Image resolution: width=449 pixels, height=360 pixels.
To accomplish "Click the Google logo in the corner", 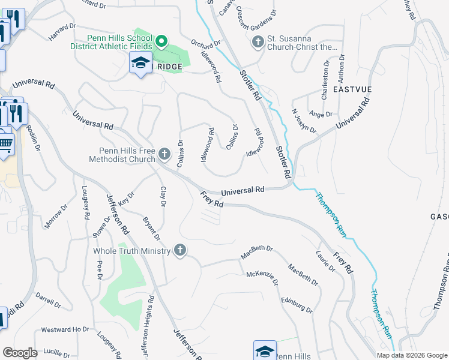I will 20,353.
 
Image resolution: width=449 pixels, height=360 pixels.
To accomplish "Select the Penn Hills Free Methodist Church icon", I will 164,156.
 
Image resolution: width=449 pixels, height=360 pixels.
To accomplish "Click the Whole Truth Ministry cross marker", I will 179,250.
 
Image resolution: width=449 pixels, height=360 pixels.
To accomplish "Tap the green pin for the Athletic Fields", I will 161,41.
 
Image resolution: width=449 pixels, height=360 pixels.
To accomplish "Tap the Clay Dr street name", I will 163,197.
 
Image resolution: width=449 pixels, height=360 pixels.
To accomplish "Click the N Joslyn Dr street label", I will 304,121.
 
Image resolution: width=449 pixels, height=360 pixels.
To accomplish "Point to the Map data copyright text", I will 412,355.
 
